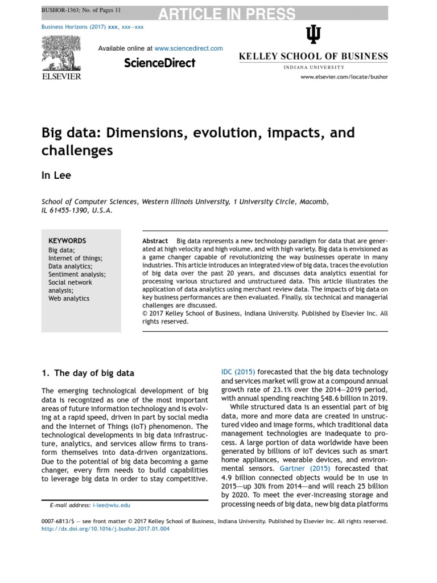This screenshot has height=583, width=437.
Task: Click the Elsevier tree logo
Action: click(61, 52)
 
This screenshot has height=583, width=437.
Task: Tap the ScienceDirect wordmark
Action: click(160, 63)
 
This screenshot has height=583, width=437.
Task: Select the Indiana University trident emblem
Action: click(313, 36)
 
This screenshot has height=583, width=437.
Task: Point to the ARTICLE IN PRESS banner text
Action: click(226, 14)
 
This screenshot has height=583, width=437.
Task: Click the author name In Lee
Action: click(56, 175)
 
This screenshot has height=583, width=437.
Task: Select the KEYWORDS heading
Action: click(67, 241)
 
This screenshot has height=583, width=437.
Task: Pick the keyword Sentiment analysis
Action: click(77, 274)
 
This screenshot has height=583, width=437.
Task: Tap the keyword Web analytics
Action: click(69, 298)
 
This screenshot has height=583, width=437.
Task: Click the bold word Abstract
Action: click(155, 241)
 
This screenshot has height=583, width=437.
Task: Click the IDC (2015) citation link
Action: click(238, 372)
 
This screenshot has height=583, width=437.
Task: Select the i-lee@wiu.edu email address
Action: click(112, 505)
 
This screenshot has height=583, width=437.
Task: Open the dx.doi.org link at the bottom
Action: click(105, 528)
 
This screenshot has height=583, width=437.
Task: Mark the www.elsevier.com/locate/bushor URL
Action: click(344, 77)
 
